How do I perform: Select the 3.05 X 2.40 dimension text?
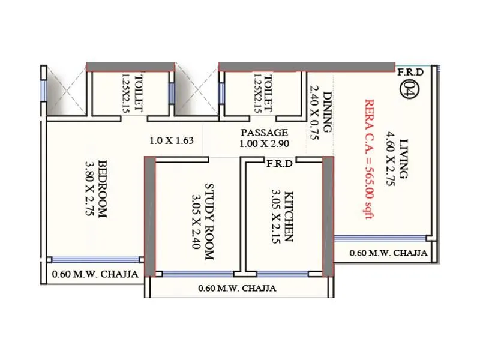[195, 221]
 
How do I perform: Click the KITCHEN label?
[289, 217]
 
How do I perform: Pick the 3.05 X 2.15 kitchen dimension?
[274, 217]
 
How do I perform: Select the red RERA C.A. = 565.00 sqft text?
[367, 159]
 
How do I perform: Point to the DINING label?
[328, 112]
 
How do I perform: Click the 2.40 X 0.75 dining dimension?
[314, 109]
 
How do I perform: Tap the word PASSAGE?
[264, 132]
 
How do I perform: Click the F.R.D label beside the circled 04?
[410, 72]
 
